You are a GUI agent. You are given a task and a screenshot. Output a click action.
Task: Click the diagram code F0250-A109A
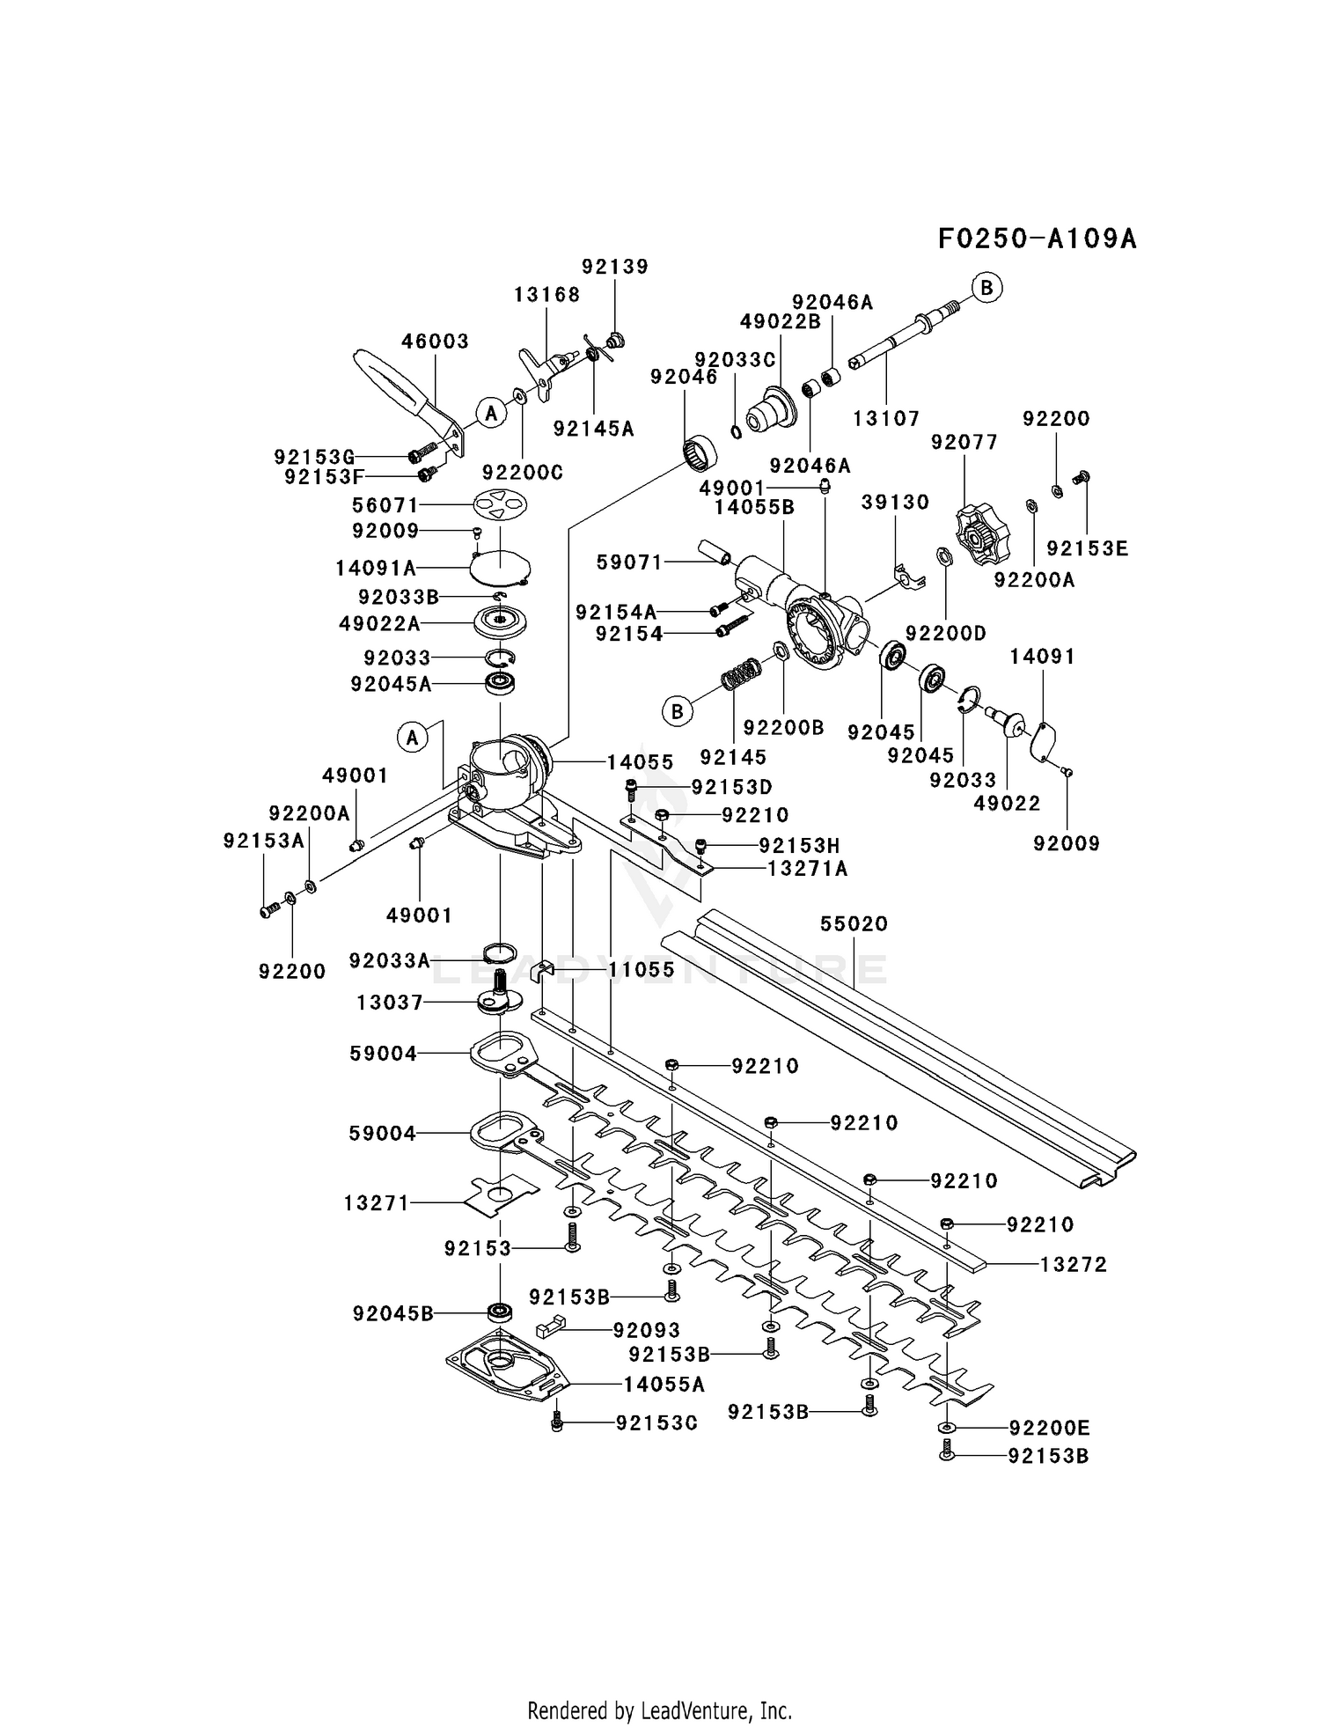tap(1036, 239)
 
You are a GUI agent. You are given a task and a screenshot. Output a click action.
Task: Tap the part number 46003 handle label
tap(435, 341)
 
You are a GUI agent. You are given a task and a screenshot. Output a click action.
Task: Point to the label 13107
tap(885, 419)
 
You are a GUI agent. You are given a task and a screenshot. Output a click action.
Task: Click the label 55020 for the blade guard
tap(854, 923)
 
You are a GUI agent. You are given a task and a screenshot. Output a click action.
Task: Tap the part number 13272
tap(1073, 1264)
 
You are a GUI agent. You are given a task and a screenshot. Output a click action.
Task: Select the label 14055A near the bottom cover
tap(664, 1385)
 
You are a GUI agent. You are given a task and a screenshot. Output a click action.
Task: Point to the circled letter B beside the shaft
tap(987, 288)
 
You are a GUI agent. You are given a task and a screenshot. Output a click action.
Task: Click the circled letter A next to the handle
tap(491, 412)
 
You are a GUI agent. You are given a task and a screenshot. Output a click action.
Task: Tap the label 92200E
tap(1048, 1427)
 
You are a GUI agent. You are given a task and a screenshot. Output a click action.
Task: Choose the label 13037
tap(390, 1002)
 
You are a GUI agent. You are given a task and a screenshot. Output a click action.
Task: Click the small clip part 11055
tap(543, 970)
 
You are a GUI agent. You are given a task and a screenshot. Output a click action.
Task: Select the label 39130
tap(895, 502)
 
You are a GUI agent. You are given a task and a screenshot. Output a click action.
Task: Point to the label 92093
tap(647, 1330)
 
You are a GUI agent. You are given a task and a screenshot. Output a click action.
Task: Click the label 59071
tap(629, 562)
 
